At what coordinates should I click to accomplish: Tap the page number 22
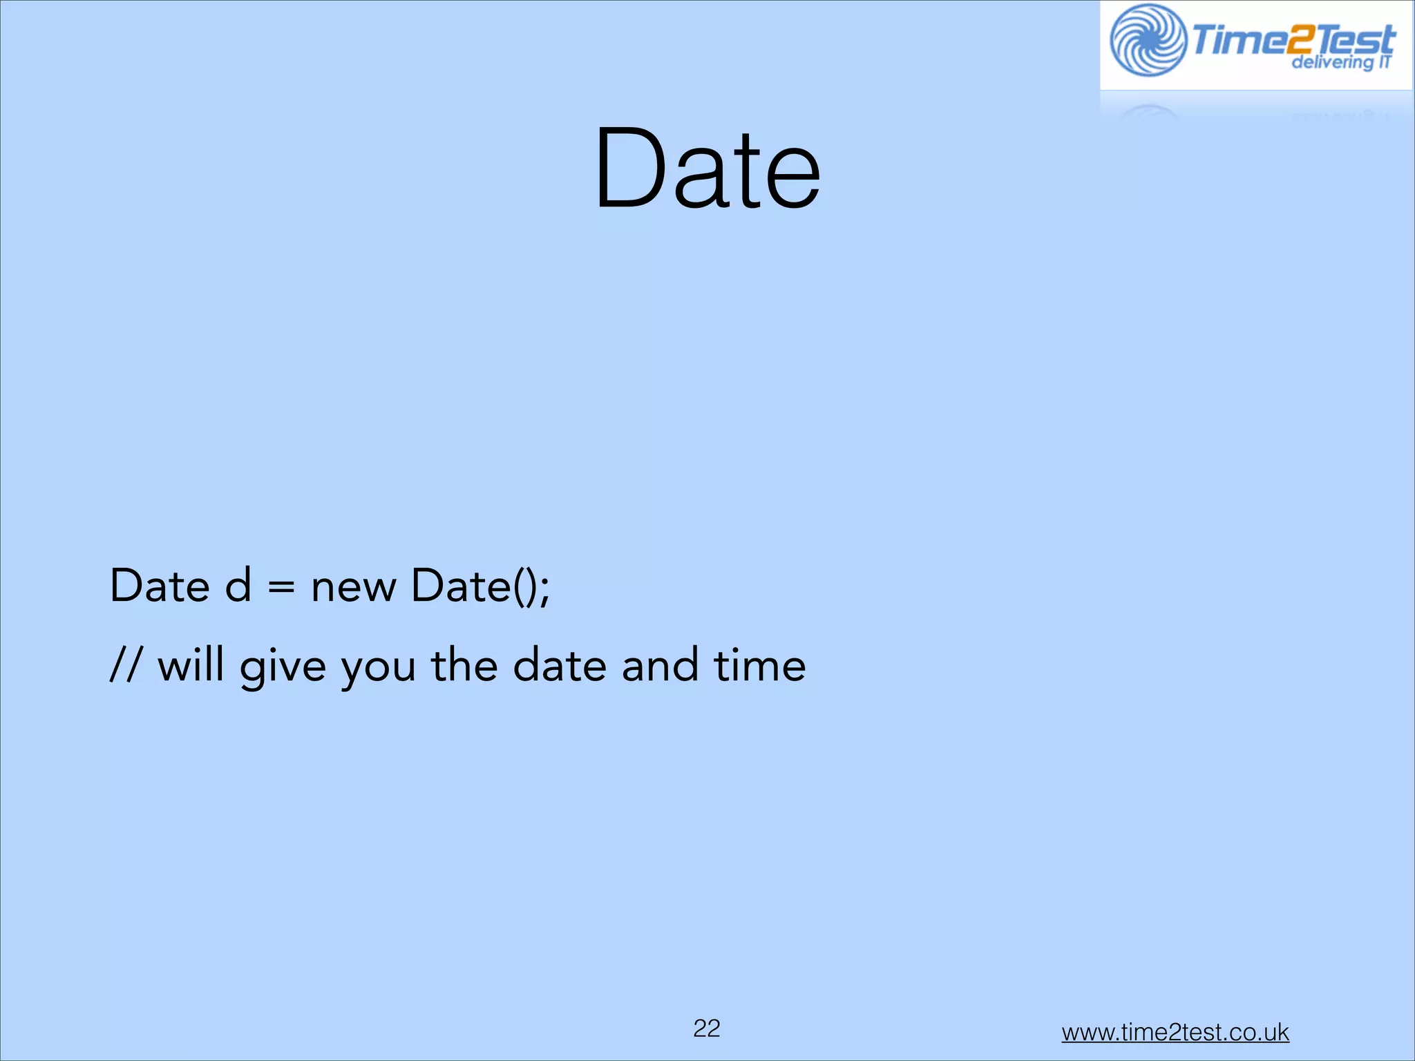click(707, 1029)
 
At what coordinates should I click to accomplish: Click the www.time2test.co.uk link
click(1175, 1032)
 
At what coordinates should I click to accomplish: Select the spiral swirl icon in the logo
click(1148, 40)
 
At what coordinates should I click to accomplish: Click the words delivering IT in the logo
click(1340, 63)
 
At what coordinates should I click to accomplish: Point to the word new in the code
click(353, 587)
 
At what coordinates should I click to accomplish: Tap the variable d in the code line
click(238, 586)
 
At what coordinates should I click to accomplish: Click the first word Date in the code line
click(160, 586)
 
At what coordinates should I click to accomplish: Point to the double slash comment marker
click(125, 666)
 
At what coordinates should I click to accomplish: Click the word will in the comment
click(191, 666)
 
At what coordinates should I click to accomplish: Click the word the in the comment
click(464, 666)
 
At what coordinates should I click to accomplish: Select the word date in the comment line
click(559, 666)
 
